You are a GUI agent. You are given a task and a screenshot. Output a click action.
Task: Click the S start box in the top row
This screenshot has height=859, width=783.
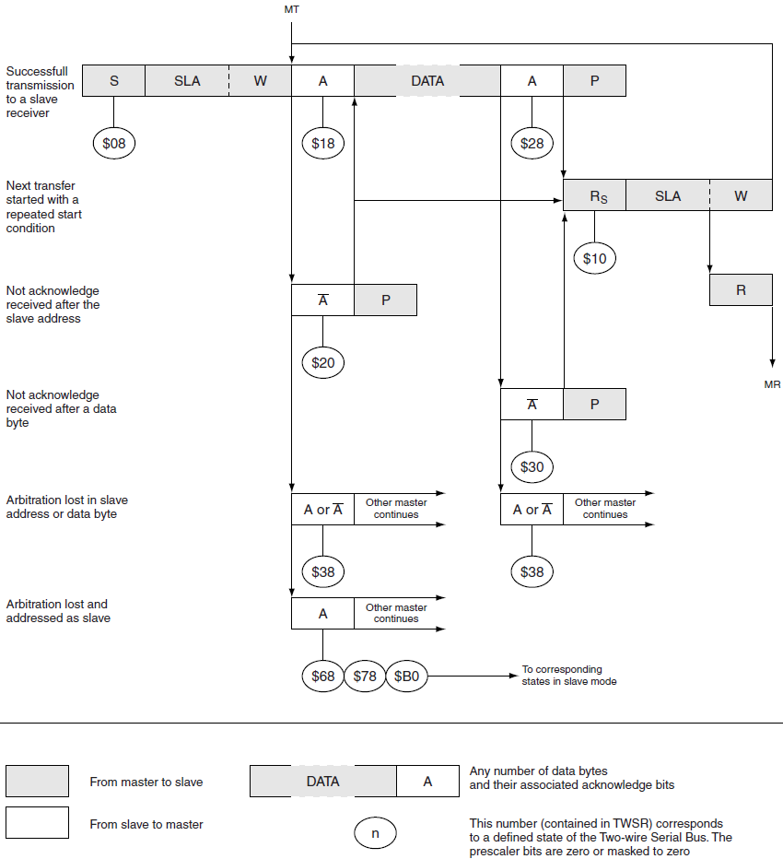[113, 81]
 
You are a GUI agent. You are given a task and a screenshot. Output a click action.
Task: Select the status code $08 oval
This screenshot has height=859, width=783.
[114, 143]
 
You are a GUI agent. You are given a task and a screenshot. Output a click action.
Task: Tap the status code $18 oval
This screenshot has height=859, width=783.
[323, 143]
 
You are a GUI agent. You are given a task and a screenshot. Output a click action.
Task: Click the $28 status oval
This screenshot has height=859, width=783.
[532, 143]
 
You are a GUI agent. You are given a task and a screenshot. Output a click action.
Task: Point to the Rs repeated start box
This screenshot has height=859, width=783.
[594, 196]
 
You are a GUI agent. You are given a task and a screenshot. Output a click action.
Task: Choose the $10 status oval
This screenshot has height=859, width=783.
[594, 259]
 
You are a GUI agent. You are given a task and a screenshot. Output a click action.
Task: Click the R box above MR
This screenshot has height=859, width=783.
[741, 289]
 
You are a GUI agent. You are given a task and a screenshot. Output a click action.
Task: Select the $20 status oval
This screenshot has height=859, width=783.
[323, 362]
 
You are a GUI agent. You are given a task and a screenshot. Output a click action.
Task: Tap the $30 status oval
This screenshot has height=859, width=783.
[532, 466]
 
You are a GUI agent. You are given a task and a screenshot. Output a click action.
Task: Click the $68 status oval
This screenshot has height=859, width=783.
[323, 677]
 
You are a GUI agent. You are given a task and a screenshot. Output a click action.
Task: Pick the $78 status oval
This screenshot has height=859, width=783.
[365, 677]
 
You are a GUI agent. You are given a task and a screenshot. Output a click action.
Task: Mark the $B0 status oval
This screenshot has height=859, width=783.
[406, 677]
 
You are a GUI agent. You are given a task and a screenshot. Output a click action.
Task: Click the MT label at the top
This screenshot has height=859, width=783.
[292, 9]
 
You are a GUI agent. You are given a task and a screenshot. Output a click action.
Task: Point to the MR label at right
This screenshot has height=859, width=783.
[772, 384]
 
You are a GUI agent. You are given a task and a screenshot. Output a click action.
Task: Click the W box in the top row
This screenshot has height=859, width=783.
[261, 81]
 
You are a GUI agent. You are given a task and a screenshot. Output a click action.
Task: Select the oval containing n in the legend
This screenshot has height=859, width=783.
[375, 833]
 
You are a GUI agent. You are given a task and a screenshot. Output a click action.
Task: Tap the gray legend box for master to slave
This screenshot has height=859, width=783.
[37, 781]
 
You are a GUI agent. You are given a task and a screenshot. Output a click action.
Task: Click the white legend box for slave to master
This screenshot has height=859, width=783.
[37, 822]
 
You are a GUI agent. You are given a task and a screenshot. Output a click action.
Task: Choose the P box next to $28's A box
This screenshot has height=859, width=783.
[594, 81]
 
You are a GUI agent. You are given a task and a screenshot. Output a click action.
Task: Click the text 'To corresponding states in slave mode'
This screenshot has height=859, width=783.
[568, 676]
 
